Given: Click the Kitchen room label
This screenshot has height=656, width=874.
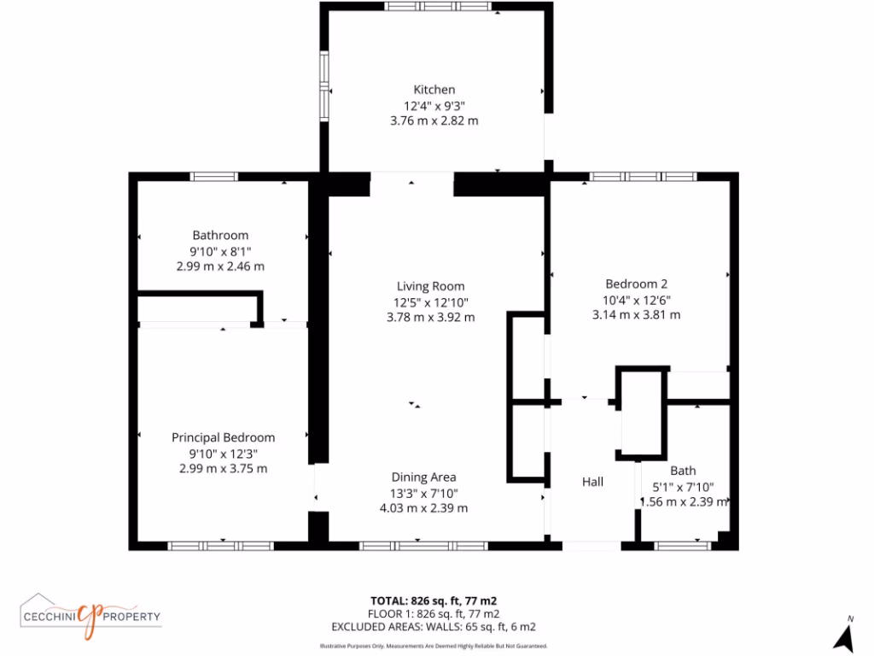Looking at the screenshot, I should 434,90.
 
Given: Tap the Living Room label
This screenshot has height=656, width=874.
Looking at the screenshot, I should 430,286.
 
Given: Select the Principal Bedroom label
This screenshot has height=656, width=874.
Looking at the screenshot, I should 223,437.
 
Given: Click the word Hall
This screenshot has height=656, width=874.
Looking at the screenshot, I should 592,483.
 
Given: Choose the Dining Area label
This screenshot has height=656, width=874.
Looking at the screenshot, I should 423,477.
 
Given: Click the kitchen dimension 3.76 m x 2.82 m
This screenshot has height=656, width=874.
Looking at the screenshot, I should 434,120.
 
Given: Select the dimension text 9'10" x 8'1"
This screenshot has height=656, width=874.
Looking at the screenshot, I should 220,251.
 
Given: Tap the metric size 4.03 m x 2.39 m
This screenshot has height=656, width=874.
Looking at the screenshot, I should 423,508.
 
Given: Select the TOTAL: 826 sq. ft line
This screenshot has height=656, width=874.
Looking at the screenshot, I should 433,600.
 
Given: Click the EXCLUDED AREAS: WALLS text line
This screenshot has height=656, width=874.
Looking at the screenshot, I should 433,626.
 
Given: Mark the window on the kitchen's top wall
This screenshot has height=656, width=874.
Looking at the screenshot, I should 437,7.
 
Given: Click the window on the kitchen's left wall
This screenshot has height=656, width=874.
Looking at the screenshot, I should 324,85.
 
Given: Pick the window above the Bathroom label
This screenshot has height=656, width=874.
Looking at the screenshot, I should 213,177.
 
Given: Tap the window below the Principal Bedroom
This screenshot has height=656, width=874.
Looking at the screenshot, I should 220,545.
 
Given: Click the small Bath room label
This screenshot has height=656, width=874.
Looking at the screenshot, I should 683,471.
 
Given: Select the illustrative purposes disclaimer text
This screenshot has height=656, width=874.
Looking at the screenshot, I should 433,646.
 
